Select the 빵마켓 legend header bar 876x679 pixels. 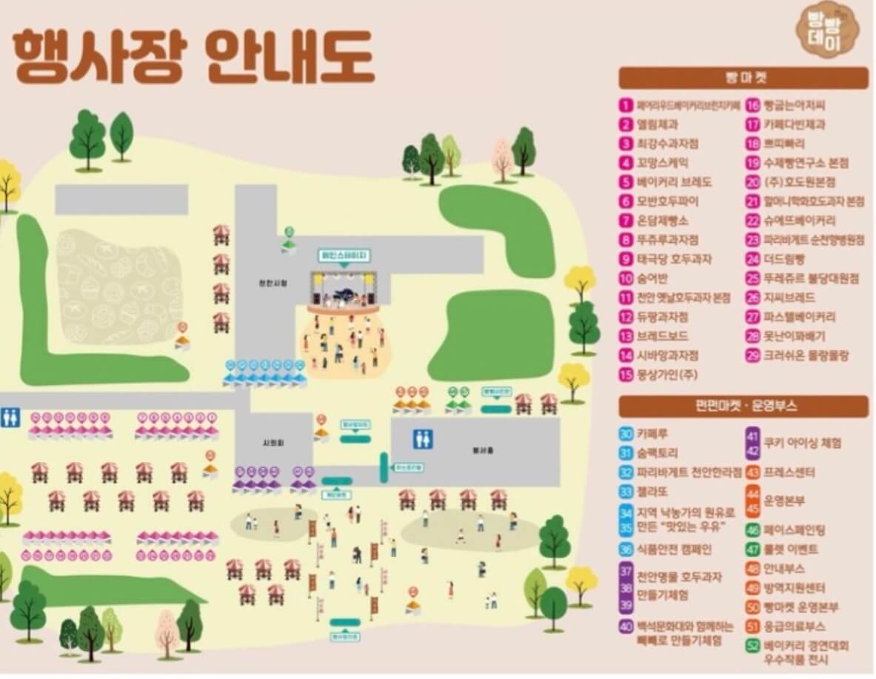pyautogui.click(x=743, y=78)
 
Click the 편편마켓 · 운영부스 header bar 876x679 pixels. pyautogui.click(x=743, y=406)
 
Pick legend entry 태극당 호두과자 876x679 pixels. pyautogui.click(x=674, y=259)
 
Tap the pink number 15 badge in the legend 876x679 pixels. pyautogui.click(x=626, y=375)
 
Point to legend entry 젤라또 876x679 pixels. pyautogui.click(x=652, y=491)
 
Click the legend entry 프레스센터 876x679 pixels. pyautogui.click(x=789, y=472)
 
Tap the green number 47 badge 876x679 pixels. pyautogui.click(x=753, y=549)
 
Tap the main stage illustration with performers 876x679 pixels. pyautogui.click(x=344, y=291)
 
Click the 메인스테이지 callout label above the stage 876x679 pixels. pyautogui.click(x=344, y=255)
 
